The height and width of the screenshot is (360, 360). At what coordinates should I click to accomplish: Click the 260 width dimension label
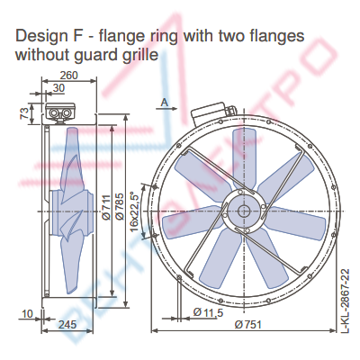click(68, 76)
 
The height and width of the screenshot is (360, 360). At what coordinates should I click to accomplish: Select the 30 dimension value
click(58, 88)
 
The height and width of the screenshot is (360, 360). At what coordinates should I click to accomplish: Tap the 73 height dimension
click(24, 113)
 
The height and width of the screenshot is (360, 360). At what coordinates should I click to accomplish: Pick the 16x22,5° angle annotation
click(136, 211)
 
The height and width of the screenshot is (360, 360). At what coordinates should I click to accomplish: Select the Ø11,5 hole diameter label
click(208, 312)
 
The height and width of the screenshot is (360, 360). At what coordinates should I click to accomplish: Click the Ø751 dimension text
click(247, 324)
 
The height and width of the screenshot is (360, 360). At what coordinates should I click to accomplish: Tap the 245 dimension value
click(67, 324)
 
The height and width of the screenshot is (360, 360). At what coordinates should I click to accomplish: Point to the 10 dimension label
click(27, 314)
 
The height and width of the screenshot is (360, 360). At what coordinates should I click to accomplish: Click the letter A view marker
click(165, 103)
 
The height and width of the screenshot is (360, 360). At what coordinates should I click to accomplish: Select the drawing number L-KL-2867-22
click(346, 301)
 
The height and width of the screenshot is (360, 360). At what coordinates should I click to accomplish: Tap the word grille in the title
click(141, 55)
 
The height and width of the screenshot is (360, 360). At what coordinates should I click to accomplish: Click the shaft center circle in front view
click(244, 211)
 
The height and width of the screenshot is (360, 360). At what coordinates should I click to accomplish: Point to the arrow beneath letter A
click(166, 109)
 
